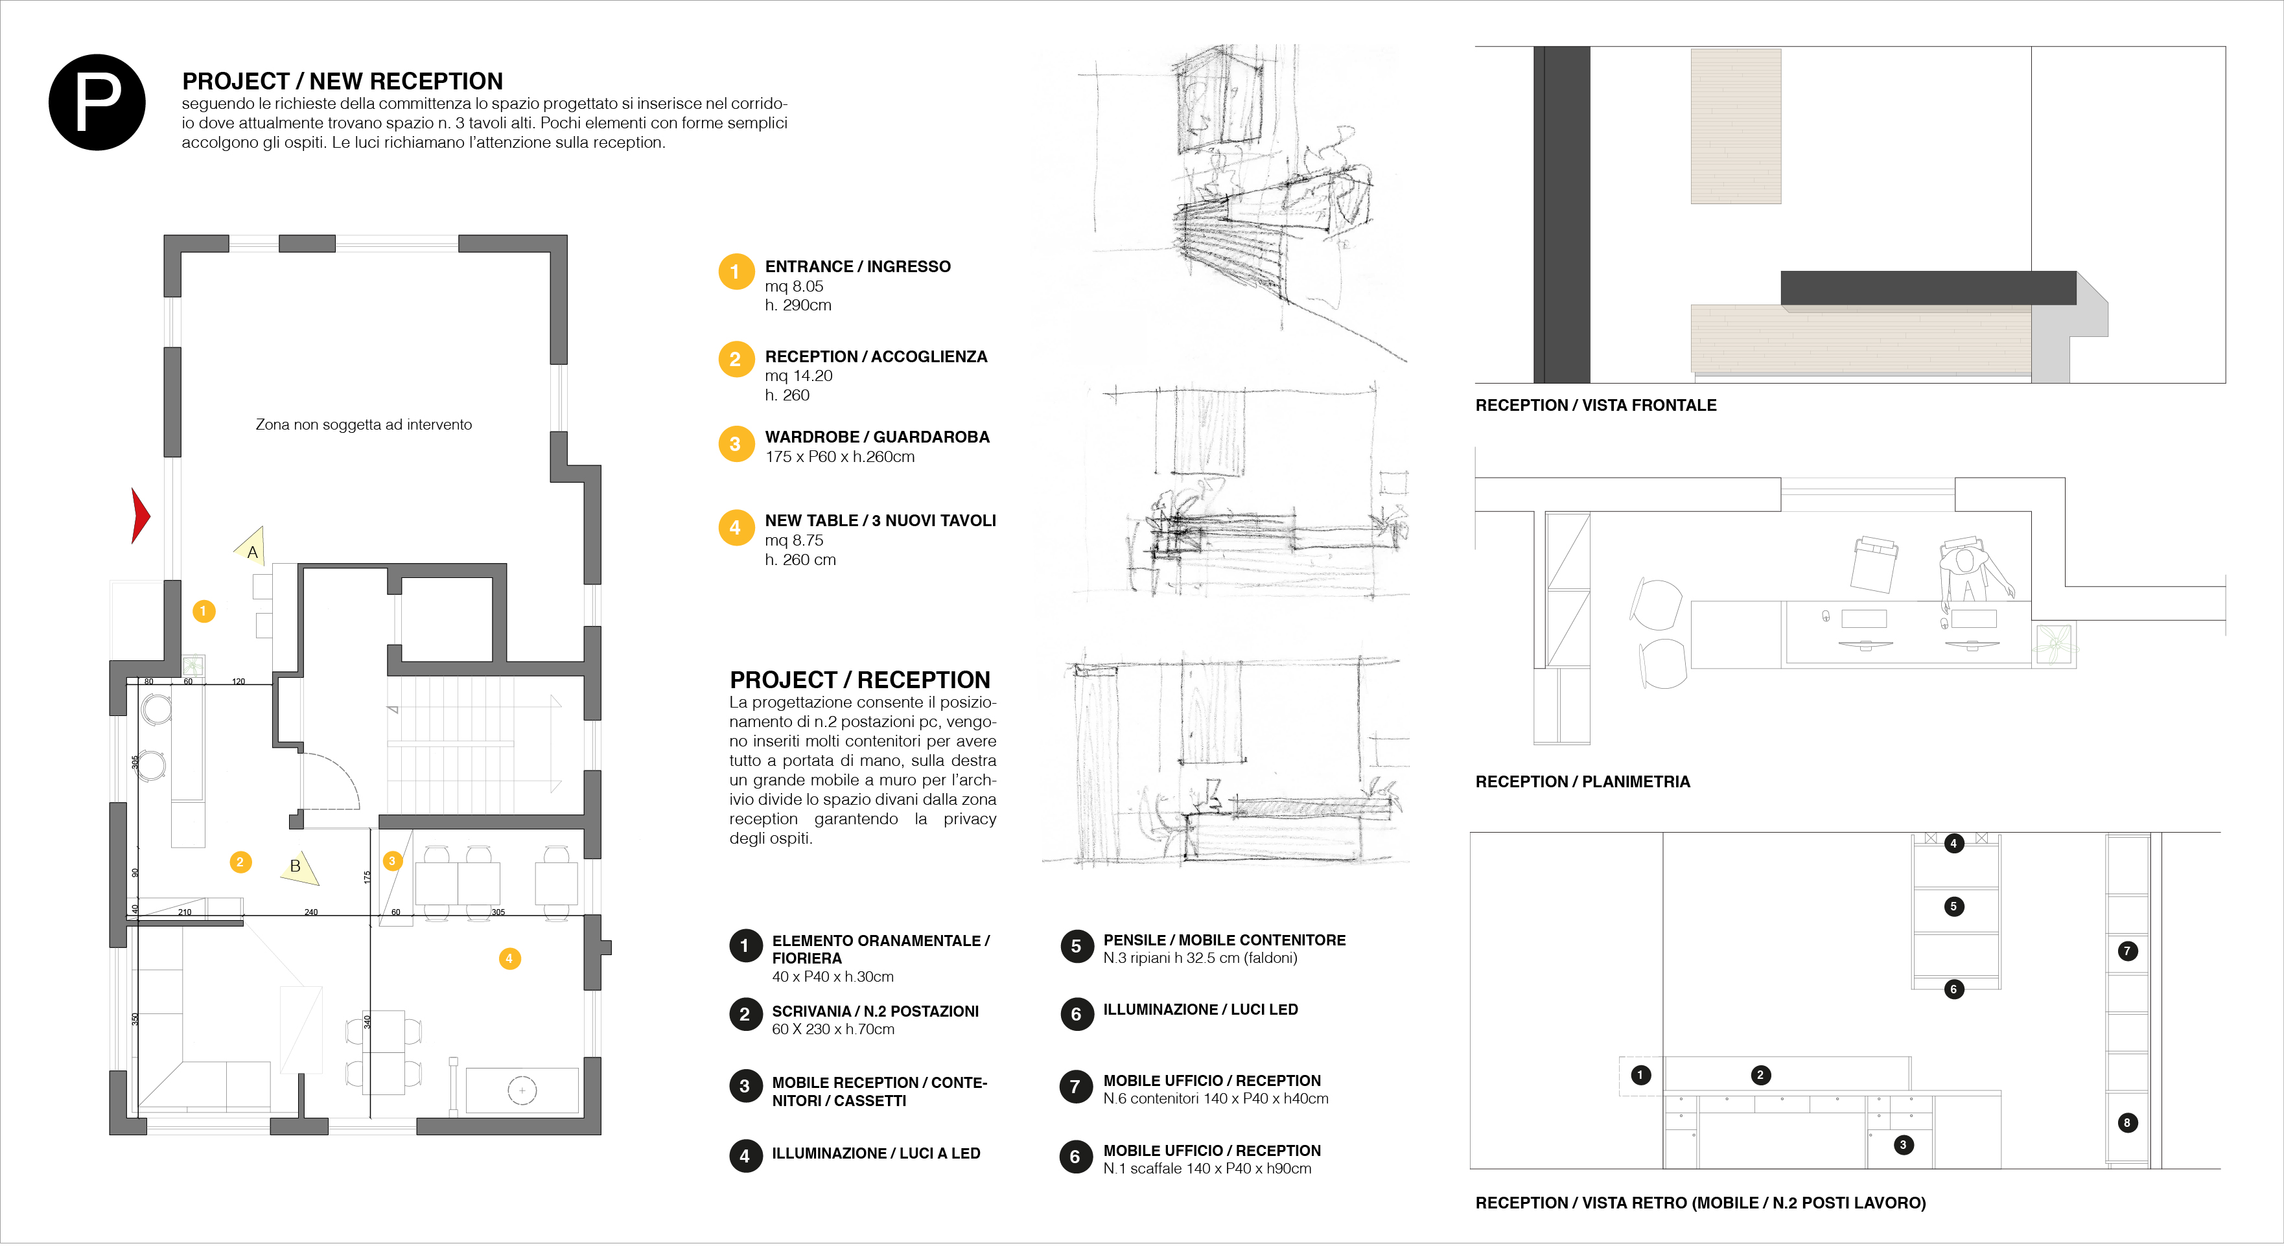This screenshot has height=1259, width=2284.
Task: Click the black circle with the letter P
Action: click(x=97, y=103)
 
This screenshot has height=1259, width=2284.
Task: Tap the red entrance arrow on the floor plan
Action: click(x=139, y=515)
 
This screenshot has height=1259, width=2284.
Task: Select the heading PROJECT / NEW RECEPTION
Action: click(x=342, y=82)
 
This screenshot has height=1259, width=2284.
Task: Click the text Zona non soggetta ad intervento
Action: click(x=364, y=424)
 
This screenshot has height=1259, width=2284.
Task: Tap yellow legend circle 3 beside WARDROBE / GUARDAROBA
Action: click(x=735, y=445)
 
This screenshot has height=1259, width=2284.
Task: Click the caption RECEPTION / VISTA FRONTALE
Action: click(x=1595, y=405)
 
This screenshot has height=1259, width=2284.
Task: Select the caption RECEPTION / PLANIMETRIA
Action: click(x=1582, y=782)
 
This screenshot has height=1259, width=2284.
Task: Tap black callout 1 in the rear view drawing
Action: click(x=1640, y=1076)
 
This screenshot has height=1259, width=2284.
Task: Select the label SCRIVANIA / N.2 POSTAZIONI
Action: click(x=874, y=1011)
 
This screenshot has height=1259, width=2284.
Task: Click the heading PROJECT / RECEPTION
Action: click(x=859, y=680)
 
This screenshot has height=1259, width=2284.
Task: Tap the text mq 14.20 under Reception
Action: click(x=798, y=376)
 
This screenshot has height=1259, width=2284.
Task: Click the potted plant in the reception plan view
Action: click(x=2055, y=643)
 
